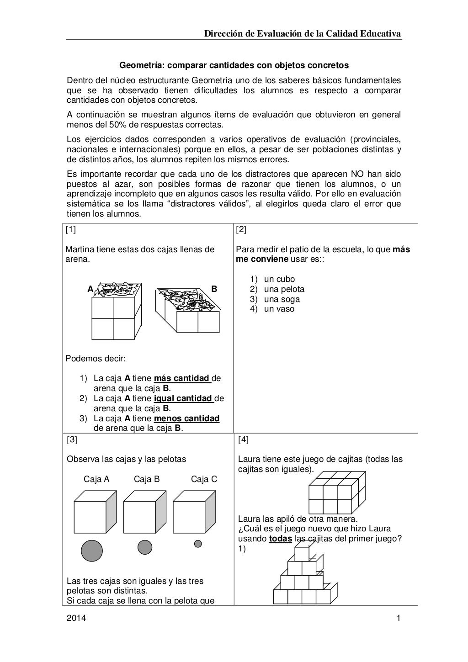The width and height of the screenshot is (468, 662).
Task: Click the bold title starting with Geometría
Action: [x=234, y=65]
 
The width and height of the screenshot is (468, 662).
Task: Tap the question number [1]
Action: [x=70, y=230]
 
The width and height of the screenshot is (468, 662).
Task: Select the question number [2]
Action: [x=241, y=230]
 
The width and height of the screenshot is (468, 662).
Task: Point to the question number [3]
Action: [x=72, y=440]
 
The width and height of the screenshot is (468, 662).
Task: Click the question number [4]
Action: [x=244, y=440]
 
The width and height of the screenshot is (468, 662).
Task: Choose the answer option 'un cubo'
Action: [x=279, y=279]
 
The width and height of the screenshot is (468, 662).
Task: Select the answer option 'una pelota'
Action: [x=284, y=289]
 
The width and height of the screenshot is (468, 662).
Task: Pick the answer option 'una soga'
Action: [x=282, y=299]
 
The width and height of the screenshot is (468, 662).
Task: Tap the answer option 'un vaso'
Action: [x=279, y=309]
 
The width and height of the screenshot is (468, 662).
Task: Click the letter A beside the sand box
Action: [x=90, y=289]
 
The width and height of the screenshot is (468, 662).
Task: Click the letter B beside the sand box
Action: [x=214, y=289]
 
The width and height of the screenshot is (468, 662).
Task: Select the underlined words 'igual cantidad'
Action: [x=184, y=398]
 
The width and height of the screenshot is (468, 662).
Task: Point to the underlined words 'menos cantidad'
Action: [x=187, y=418]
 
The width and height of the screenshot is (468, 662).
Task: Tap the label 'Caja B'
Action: [x=147, y=479]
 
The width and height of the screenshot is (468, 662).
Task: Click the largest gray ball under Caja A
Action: [x=92, y=550]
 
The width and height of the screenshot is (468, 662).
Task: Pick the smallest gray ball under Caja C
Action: [x=198, y=544]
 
